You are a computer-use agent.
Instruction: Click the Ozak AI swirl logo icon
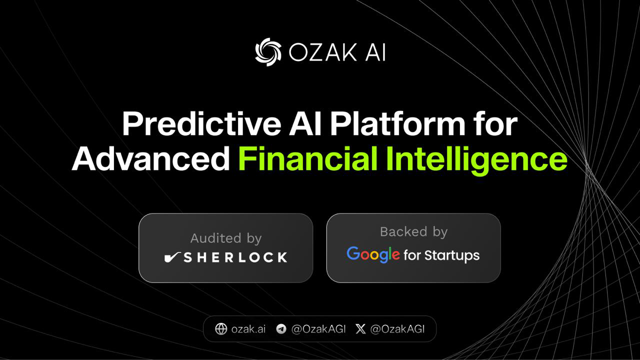click(x=268, y=52)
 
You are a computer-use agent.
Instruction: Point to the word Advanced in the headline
click(x=150, y=159)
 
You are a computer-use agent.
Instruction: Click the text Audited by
click(x=225, y=238)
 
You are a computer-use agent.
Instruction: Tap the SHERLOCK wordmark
click(x=235, y=257)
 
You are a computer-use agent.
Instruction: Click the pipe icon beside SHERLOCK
click(x=172, y=257)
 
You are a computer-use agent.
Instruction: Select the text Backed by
click(x=413, y=231)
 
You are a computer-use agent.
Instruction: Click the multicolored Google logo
click(x=373, y=254)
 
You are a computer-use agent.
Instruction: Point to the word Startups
click(x=452, y=255)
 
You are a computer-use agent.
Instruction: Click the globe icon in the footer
click(x=221, y=328)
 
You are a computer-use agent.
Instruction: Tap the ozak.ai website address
click(x=248, y=328)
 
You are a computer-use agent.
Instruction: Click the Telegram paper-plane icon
click(x=281, y=328)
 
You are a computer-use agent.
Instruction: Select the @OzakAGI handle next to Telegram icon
click(x=318, y=328)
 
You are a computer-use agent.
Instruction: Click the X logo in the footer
click(x=360, y=328)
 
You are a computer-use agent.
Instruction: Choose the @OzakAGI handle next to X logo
click(x=397, y=328)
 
